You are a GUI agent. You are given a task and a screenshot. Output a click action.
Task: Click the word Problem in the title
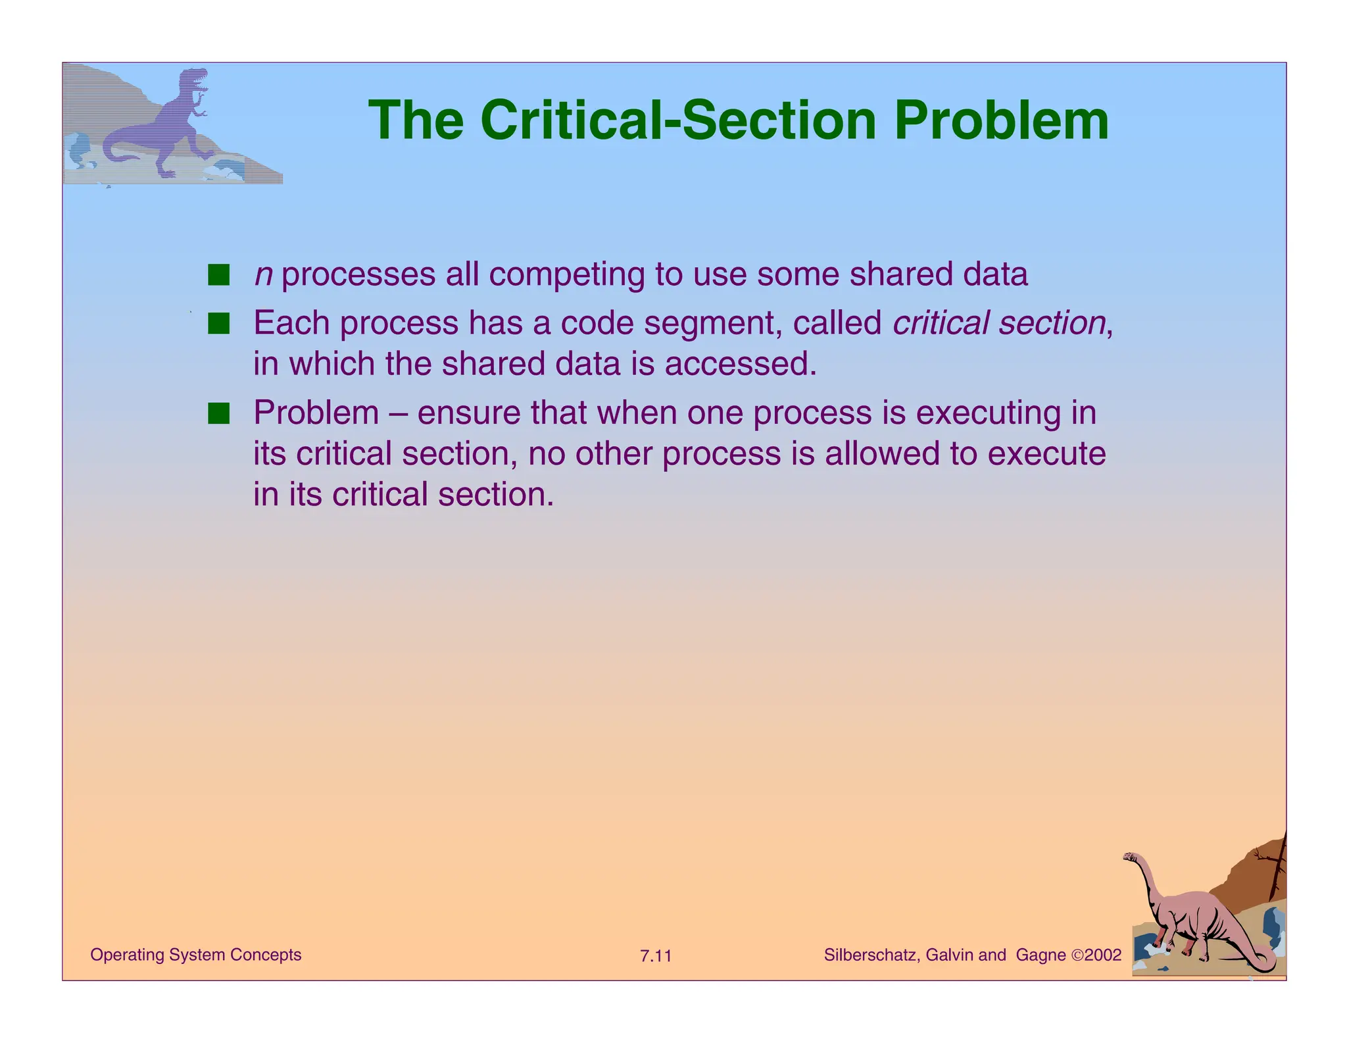pyautogui.click(x=1001, y=121)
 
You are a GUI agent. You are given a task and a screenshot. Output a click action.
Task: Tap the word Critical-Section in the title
pyautogui.click(x=677, y=121)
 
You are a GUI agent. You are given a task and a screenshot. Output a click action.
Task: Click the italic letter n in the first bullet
pyautogui.click(x=264, y=275)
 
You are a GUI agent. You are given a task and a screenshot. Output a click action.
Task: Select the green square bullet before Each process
pyautogui.click(x=218, y=323)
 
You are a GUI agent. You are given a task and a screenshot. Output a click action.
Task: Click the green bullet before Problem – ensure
pyautogui.click(x=218, y=413)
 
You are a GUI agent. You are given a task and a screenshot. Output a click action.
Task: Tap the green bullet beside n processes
pyautogui.click(x=218, y=274)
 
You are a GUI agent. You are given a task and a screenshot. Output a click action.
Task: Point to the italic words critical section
pyautogui.click(x=998, y=323)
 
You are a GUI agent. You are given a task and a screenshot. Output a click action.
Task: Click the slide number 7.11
pyautogui.click(x=656, y=956)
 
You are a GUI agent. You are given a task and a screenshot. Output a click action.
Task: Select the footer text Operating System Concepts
pyautogui.click(x=195, y=955)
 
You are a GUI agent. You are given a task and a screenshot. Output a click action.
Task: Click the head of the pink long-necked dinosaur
pyautogui.click(x=1131, y=857)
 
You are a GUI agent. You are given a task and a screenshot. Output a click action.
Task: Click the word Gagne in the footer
pyautogui.click(x=1041, y=955)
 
